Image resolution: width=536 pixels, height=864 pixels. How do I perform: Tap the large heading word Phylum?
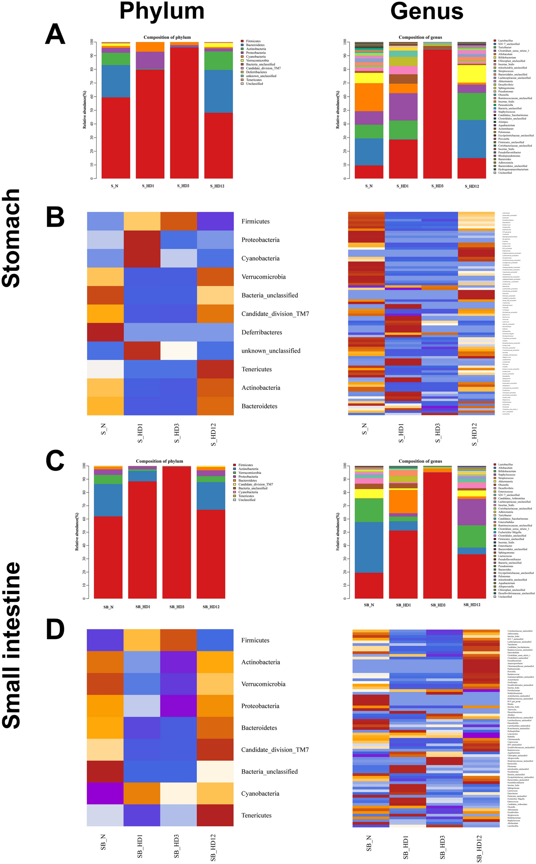click(162, 11)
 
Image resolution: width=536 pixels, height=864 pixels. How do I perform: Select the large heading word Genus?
click(427, 11)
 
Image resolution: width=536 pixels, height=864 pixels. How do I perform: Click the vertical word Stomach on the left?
click(11, 238)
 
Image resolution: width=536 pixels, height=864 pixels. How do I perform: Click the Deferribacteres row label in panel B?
click(261, 332)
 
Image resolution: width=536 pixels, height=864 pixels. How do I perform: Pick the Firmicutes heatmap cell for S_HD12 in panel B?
click(215, 221)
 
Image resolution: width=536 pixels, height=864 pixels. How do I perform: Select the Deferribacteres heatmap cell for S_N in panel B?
click(105, 332)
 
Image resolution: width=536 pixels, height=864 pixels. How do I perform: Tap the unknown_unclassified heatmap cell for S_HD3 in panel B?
click(178, 350)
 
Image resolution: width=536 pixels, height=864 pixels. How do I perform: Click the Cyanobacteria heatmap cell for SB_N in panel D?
click(105, 793)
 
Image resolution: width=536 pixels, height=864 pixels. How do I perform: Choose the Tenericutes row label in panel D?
click(256, 815)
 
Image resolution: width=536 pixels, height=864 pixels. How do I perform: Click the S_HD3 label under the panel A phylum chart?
click(183, 186)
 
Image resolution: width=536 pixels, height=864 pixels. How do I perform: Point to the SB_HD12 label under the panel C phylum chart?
click(211, 607)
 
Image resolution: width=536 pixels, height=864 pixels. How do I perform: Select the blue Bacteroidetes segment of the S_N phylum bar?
click(116, 81)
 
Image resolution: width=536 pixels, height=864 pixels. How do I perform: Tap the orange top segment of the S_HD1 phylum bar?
click(150, 47)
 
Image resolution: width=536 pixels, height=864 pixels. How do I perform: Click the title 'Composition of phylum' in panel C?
click(159, 461)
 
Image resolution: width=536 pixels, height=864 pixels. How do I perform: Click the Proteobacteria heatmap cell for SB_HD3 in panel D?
click(178, 706)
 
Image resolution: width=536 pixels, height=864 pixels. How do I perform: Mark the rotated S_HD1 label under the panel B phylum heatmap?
click(140, 433)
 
